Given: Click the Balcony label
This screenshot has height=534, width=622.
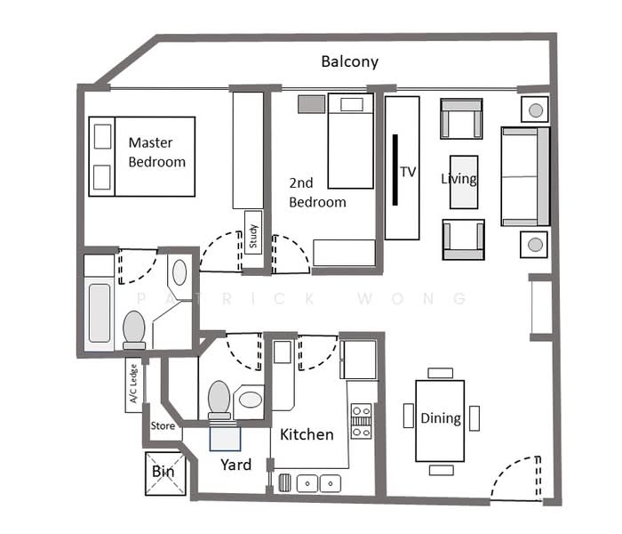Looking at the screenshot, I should tap(349, 61).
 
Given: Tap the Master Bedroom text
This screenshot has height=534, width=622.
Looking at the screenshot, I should tap(156, 152).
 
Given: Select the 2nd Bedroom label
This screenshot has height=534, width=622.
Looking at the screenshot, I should tap(317, 192).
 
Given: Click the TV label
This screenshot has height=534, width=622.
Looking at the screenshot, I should tap(408, 172).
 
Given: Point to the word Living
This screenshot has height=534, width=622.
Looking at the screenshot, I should tap(459, 179).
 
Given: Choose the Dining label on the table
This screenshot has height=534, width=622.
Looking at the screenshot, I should tap(440, 418).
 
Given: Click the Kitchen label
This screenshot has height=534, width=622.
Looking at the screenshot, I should tap(307, 434).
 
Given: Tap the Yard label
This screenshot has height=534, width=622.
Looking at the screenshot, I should tap(235, 465).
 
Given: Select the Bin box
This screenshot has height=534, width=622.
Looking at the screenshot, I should tap(163, 472).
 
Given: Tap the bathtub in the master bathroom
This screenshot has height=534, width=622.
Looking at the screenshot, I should tap(99, 312).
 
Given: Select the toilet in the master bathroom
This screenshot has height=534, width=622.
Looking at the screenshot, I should tap(134, 328).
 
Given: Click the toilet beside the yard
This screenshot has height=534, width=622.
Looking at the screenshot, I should tap(219, 400).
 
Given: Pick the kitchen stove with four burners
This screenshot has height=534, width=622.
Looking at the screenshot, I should tap(361, 421).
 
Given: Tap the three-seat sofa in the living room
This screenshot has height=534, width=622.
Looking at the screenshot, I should tap(525, 175).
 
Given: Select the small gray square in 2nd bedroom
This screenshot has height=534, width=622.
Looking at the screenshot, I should tap(311, 104).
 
